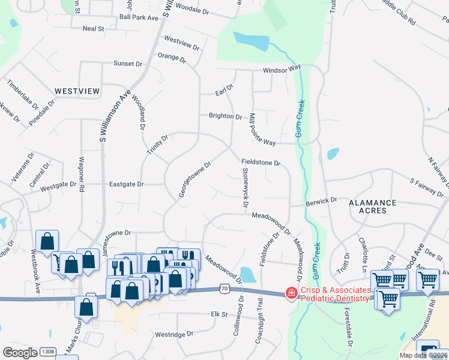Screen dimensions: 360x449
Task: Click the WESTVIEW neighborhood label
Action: pos(77,91)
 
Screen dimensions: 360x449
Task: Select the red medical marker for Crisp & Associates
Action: pos(292,293)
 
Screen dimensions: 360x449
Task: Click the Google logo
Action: pos(20,353)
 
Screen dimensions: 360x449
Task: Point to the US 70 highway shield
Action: pos(224,289)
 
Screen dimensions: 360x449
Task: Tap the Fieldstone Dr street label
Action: pos(261,163)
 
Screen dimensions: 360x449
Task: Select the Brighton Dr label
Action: pos(225,116)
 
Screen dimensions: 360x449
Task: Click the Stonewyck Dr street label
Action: pos(246,188)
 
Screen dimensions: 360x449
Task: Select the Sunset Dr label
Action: pos(128,64)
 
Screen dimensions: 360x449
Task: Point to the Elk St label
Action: pos(220,314)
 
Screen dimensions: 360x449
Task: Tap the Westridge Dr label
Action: pos(174,334)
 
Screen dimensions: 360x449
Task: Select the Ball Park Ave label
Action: pos(139,18)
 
